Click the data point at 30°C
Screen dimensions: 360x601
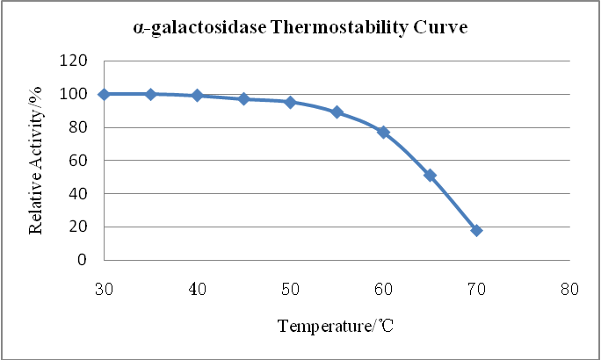point(104,94)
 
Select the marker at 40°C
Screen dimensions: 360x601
point(197,96)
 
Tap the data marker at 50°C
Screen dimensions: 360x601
point(290,102)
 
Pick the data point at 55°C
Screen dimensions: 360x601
point(337,112)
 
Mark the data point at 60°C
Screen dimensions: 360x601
point(383,132)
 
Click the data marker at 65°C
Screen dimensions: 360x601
point(430,175)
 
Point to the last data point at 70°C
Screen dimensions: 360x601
point(476,230)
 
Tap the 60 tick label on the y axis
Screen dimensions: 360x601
point(78,161)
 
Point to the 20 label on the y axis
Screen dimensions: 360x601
point(78,227)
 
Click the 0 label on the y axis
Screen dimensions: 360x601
point(83,261)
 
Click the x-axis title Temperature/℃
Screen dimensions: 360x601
point(336,327)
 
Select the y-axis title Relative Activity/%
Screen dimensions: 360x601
point(37,161)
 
